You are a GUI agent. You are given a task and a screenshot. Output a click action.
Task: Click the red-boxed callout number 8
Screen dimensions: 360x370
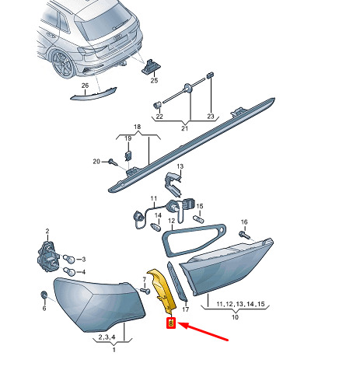coord(171,323)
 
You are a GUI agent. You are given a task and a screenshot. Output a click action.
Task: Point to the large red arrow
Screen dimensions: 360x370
coord(204,331)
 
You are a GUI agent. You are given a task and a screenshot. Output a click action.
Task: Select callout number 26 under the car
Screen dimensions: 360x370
coord(85,86)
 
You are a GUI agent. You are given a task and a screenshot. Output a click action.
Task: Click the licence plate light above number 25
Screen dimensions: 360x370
coord(150,67)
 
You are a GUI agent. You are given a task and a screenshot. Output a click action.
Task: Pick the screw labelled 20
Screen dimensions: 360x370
coord(113,162)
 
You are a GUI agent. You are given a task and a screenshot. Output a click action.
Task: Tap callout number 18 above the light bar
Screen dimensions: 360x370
coord(138,127)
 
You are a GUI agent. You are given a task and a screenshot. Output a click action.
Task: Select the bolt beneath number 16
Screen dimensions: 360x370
coord(246,236)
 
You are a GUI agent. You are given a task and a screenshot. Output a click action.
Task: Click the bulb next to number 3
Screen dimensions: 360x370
coord(68,259)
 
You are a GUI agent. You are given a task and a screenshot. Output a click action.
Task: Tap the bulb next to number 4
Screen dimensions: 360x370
coord(69,272)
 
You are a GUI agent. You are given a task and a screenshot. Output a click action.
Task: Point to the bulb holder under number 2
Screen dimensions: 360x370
coord(48,257)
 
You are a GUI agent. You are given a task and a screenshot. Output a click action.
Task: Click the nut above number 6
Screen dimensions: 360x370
coord(44,295)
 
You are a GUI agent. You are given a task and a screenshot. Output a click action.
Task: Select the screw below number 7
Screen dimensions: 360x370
coord(145,291)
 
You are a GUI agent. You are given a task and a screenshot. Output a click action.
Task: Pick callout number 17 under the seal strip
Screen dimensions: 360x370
coord(186,309)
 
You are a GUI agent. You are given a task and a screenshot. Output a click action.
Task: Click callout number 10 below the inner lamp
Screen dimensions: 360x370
coord(235,317)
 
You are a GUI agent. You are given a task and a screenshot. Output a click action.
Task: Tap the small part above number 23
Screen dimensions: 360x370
coord(210,75)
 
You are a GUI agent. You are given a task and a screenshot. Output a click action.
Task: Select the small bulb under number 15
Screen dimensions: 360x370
coord(199,219)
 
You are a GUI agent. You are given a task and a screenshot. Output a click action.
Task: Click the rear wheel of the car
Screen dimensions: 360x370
coord(63,64)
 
